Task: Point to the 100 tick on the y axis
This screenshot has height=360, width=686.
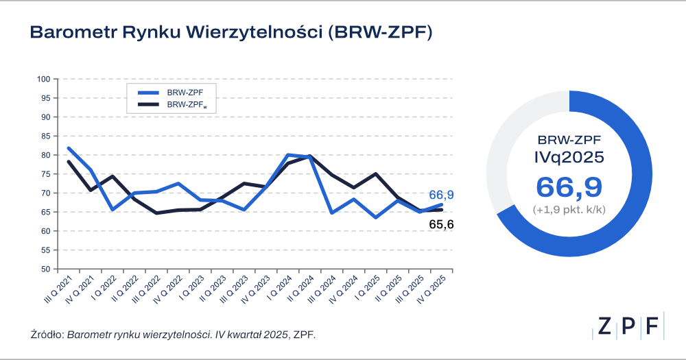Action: pos(46,79)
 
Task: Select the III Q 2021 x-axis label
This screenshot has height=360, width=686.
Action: pos(56,291)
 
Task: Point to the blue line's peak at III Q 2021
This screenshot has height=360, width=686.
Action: pos(69,148)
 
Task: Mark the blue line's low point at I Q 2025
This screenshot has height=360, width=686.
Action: pos(376,217)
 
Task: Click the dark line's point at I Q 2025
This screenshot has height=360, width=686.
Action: pos(376,174)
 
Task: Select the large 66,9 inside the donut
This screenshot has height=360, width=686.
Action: pos(569,187)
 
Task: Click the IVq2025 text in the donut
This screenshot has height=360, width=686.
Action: pos(569,157)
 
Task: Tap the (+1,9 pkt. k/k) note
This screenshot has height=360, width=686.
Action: pos(569,209)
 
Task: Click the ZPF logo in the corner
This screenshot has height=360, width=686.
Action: pos(628,327)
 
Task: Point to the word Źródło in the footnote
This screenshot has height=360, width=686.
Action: pos(46,335)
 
